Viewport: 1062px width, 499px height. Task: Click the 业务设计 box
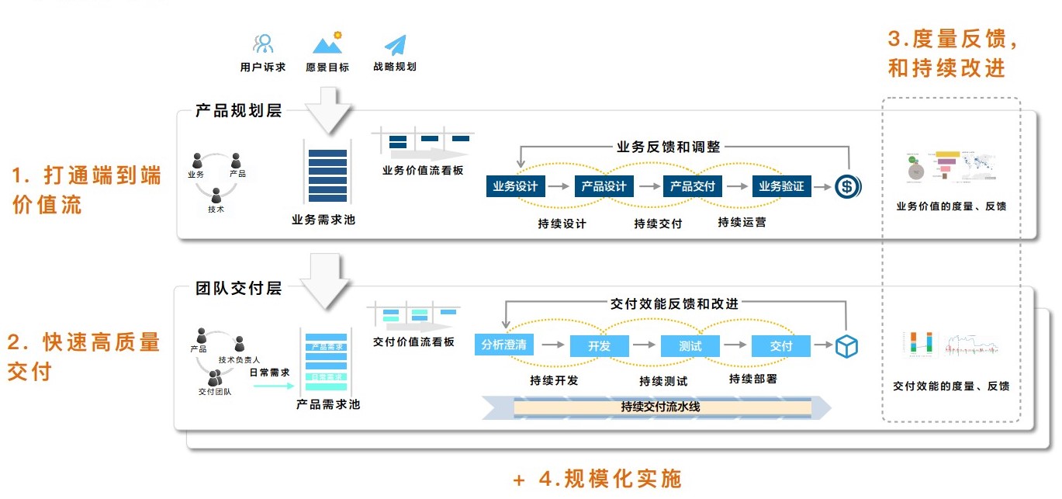click(516, 186)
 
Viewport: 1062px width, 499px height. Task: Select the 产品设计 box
click(604, 186)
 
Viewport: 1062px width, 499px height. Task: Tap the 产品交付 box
click(693, 186)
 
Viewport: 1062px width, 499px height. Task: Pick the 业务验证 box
click(781, 186)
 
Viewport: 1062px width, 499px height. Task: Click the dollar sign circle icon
click(847, 186)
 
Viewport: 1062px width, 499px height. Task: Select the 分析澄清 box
click(503, 345)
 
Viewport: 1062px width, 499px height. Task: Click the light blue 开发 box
click(599, 346)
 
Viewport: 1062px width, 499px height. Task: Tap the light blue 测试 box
click(690, 346)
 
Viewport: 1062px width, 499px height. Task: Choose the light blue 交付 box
click(781, 346)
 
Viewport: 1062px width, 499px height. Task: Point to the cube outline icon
click(846, 346)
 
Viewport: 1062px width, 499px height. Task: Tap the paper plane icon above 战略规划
click(395, 44)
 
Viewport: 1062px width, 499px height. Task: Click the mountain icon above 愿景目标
click(327, 43)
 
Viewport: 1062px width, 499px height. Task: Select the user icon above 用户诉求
click(263, 44)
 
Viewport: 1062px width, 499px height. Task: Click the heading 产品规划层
click(238, 111)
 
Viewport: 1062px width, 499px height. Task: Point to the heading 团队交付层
click(238, 289)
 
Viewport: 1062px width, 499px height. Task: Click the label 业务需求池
click(323, 220)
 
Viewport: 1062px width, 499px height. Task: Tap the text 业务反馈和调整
click(669, 146)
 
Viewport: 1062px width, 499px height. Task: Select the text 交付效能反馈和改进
click(674, 303)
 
